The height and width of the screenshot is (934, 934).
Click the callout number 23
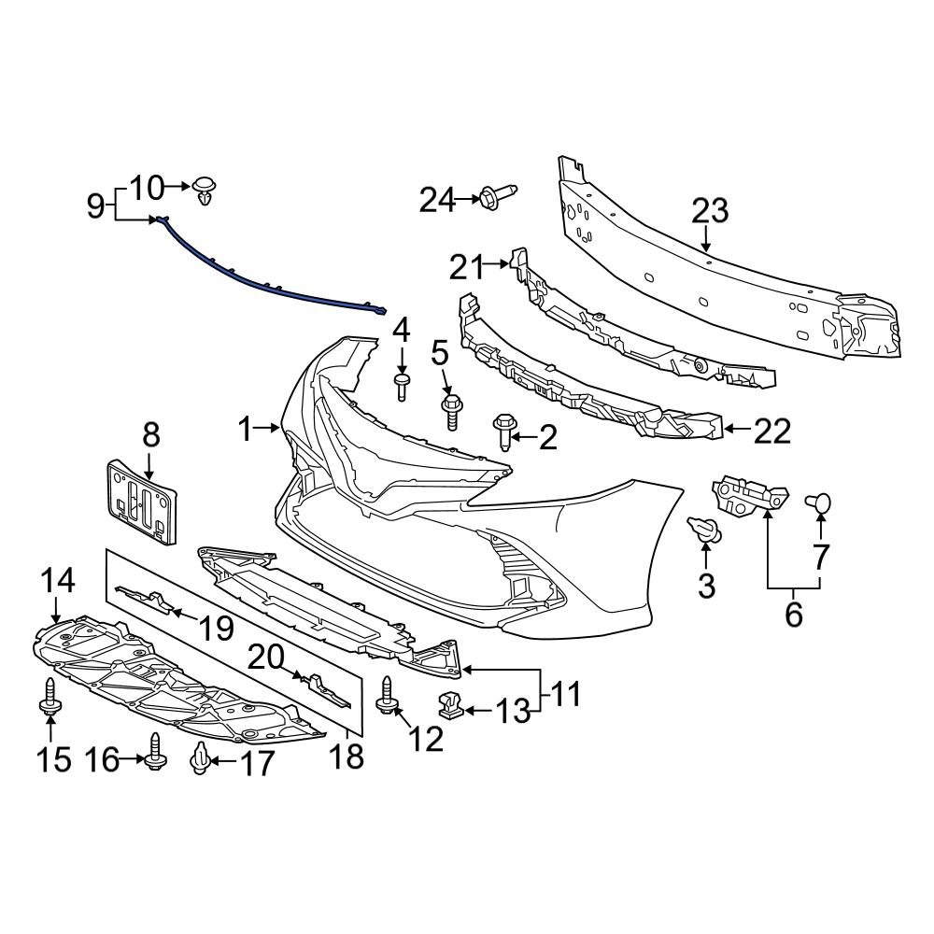tap(709, 211)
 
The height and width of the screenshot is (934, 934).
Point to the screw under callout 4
tap(402, 385)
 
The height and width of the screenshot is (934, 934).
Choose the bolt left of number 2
tap(502, 432)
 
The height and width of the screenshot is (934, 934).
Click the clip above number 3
tap(706, 531)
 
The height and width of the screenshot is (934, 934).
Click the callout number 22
tap(771, 431)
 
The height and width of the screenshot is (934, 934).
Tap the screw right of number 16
tap(154, 750)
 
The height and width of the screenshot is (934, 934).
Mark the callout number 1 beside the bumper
tap(245, 430)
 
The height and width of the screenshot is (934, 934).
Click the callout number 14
tap(57, 582)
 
